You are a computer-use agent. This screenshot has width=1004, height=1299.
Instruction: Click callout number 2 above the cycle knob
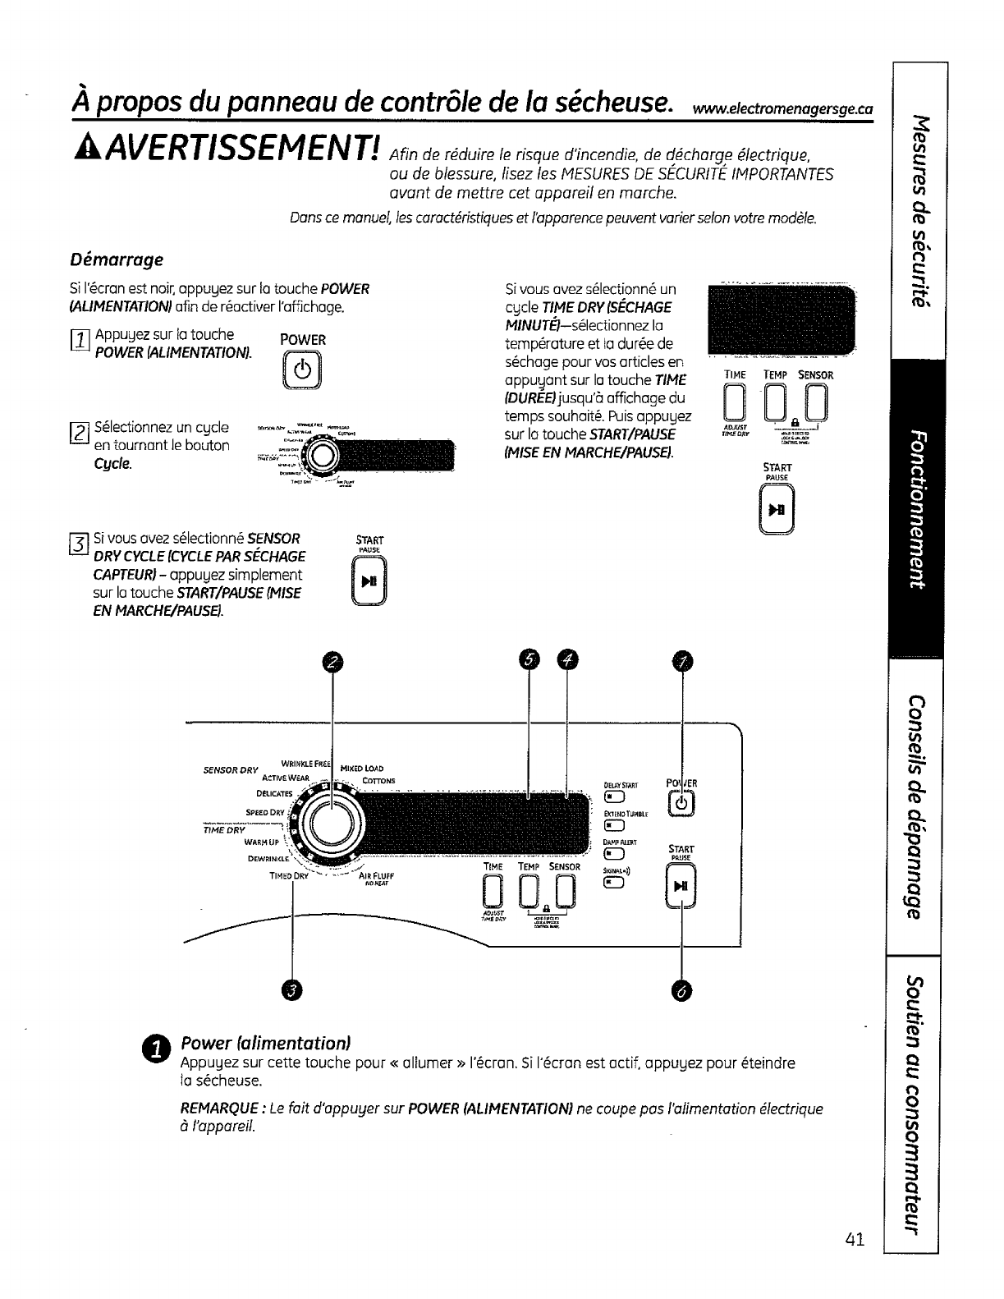(x=331, y=660)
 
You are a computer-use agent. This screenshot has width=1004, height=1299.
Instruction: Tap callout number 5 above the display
(x=530, y=660)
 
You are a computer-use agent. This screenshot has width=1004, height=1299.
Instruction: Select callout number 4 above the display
(x=567, y=660)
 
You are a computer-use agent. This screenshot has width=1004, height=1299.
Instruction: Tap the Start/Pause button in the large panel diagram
(x=681, y=887)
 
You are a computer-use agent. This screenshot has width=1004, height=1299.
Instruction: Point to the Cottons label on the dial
(x=378, y=781)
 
